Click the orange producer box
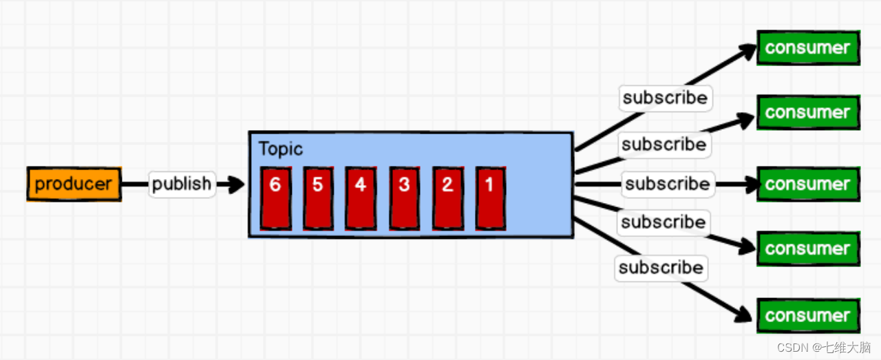tap(74, 184)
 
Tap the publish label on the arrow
tap(182, 184)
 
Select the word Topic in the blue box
tap(280, 149)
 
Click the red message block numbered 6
tap(275, 198)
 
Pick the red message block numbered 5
tap(318, 198)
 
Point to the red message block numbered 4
tap(360, 198)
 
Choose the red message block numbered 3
tap(404, 198)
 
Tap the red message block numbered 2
tap(447, 198)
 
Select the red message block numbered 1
tap(490, 198)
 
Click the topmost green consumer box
tap(808, 47)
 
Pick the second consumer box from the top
tap(808, 112)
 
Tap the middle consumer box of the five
tap(808, 184)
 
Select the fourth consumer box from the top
tap(808, 248)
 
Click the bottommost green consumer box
tap(808, 315)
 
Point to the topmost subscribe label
tap(665, 98)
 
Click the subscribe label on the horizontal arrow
tap(668, 184)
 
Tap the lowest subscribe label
tap(661, 267)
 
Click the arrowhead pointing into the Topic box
tap(236, 184)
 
